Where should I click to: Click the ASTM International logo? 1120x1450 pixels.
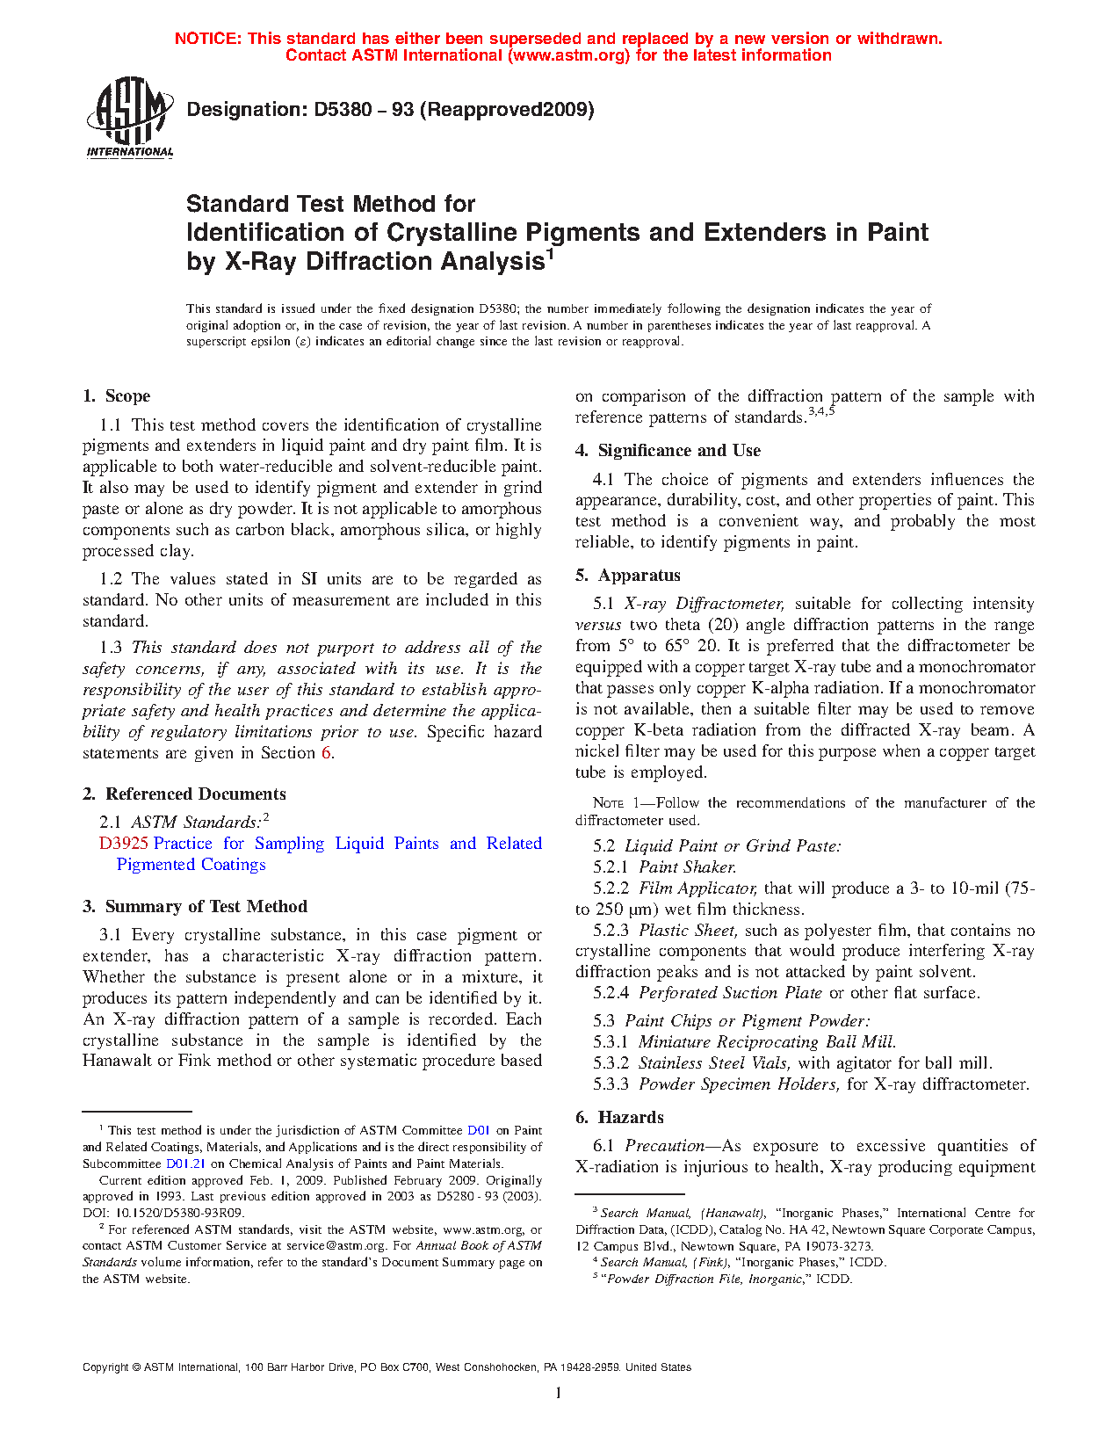[x=129, y=116]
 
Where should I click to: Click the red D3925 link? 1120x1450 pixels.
[x=124, y=844]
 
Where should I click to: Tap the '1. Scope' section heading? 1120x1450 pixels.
[x=116, y=396]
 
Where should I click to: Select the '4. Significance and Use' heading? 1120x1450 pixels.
[x=668, y=451]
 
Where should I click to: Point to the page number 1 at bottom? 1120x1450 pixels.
[x=559, y=1392]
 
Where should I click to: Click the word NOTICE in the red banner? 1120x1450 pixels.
[x=207, y=39]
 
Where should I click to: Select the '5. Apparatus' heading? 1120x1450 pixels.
[x=628, y=576]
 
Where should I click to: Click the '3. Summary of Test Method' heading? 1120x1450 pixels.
[x=195, y=907]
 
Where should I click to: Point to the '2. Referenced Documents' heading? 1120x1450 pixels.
[x=184, y=794]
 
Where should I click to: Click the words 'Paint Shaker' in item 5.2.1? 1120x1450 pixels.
[x=687, y=867]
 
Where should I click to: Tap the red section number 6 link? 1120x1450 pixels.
[x=326, y=753]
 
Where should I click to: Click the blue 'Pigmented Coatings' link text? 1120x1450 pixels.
[x=191, y=865]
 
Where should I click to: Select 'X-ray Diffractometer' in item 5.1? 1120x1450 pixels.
[x=703, y=604]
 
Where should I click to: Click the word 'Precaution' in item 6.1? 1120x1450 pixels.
[x=664, y=1146]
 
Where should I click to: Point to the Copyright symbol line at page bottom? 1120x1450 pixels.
[x=387, y=1367]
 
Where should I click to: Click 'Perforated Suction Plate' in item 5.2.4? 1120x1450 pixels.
[x=730, y=993]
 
